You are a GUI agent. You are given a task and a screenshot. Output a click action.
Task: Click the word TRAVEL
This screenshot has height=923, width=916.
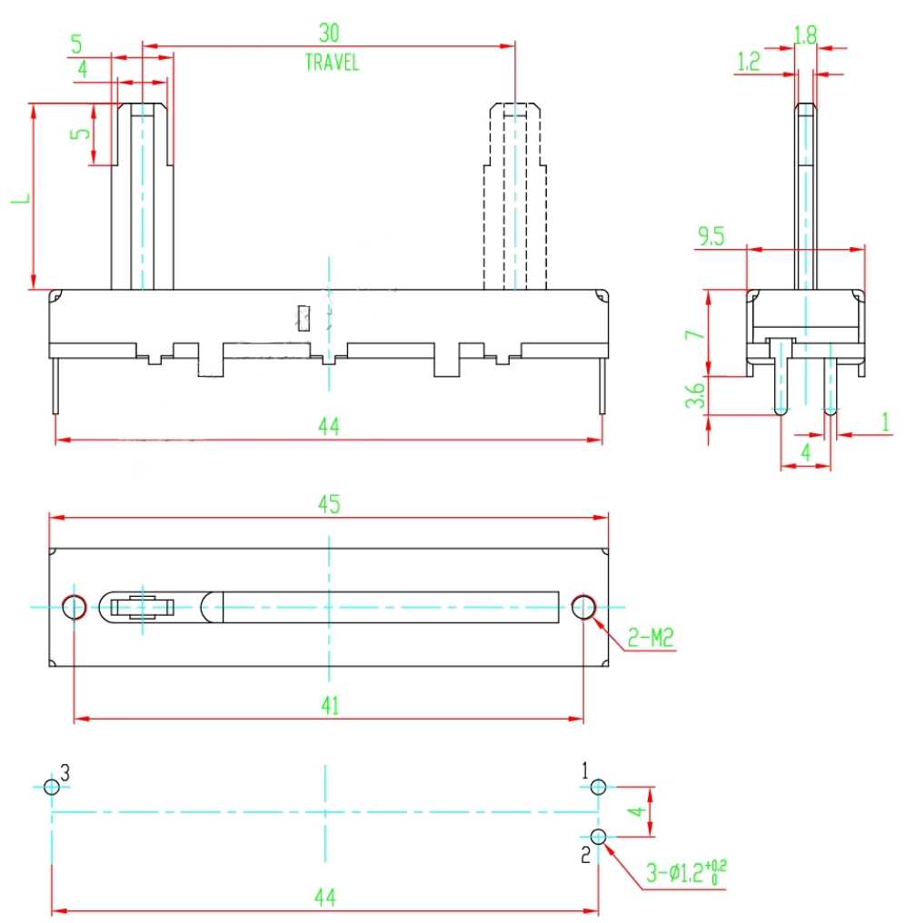[x=332, y=63]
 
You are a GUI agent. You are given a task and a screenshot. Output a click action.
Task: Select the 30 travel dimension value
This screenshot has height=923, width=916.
[x=329, y=33]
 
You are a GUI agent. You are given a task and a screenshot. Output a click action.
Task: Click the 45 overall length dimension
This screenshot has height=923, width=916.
[x=329, y=504]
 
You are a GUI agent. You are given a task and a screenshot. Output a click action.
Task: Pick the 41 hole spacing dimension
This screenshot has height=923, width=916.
[x=330, y=705]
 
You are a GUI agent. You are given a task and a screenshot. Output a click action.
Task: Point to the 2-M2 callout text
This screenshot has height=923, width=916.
[x=650, y=637]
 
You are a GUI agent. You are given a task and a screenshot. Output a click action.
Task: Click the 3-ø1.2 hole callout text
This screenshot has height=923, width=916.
[x=686, y=872]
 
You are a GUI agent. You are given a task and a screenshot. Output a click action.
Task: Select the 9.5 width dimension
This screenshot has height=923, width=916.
[x=712, y=236]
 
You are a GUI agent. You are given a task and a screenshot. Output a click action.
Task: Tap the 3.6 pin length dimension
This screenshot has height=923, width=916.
[x=695, y=395]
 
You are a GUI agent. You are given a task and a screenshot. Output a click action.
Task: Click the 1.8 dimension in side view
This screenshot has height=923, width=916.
[x=805, y=35]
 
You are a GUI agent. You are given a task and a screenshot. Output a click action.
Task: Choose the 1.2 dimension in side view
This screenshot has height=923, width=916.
[x=748, y=61]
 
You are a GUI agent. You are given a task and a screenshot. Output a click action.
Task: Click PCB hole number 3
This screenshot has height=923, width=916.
[x=52, y=787]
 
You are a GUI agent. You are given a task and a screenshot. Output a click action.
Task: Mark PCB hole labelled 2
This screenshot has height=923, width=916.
[x=598, y=837]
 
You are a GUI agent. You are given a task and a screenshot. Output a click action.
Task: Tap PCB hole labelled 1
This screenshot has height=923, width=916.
[x=598, y=787]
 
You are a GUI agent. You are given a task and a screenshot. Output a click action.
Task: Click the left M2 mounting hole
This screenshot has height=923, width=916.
[x=75, y=607]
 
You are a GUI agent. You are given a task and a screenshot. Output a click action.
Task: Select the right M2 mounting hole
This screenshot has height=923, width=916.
[x=583, y=607]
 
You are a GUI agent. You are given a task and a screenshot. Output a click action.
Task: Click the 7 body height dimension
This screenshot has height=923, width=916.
[x=695, y=333]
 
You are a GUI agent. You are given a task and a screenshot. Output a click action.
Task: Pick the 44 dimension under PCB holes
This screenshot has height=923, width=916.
[x=325, y=897]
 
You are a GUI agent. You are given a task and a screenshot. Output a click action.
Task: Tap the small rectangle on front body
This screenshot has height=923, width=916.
[x=304, y=318]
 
